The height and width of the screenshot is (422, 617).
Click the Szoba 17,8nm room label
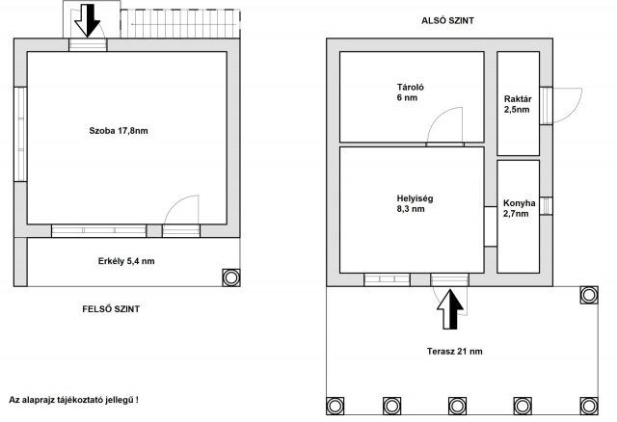click(119, 131)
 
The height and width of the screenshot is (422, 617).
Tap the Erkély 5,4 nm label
click(126, 261)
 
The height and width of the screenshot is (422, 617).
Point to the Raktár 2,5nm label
click(518, 104)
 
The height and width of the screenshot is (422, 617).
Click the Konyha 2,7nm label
click(519, 208)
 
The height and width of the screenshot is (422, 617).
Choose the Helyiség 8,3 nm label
click(415, 203)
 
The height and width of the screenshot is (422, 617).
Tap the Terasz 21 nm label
click(454, 352)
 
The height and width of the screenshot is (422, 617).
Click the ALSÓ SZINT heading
click(447, 20)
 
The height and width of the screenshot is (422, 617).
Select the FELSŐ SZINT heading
click(111, 309)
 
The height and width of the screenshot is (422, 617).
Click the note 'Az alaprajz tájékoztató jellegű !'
click(73, 400)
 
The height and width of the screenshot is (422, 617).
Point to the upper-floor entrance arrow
click(88, 20)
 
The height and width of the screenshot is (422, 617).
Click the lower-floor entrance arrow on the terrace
click(450, 308)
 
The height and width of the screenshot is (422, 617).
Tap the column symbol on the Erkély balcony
click(231, 277)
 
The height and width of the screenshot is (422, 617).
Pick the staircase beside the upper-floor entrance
click(180, 24)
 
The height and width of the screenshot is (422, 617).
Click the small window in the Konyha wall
click(546, 206)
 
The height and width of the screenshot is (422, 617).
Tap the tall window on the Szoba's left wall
click(20, 134)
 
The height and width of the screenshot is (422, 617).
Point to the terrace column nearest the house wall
click(589, 295)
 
